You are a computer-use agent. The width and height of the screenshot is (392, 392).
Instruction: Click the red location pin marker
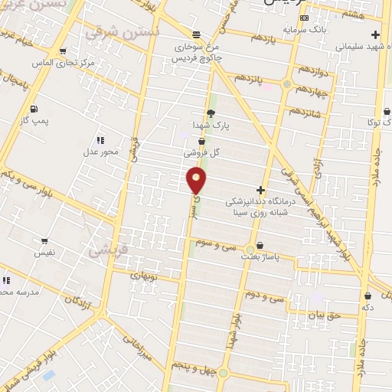pos(197,181)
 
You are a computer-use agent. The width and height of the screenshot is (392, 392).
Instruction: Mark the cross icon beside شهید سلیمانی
pos(374,34)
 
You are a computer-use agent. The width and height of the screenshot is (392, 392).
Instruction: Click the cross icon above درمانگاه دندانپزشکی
pos(261,190)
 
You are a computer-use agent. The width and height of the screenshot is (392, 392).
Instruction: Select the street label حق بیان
pos(322,315)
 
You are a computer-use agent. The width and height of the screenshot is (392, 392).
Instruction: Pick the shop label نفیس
pos(42,252)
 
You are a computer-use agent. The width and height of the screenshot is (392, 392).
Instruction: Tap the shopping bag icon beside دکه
pos(368,296)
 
